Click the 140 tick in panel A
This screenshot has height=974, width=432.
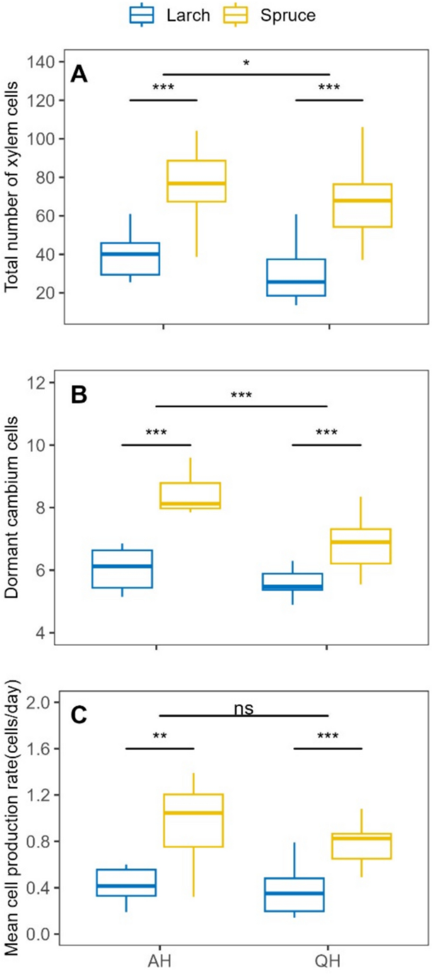pyautogui.click(x=41, y=62)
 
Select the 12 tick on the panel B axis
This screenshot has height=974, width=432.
pyautogui.click(x=40, y=382)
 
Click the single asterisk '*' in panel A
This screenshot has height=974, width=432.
pyautogui.click(x=247, y=64)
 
